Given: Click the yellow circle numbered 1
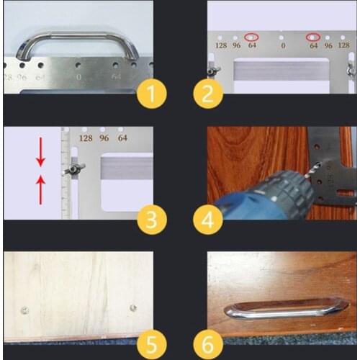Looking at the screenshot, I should point(151,93).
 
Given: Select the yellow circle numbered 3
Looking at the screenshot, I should point(150,220).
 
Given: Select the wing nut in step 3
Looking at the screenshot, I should point(75,169).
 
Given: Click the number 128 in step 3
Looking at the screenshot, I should point(86,138).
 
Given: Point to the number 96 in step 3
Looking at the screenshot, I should point(105,138).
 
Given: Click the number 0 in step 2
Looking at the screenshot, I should point(283,45).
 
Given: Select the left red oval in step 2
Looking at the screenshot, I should point(251,37).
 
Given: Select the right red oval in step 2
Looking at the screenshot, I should point(313,37).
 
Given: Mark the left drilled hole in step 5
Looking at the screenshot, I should point(24,310).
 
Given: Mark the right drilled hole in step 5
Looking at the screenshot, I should point(132,307).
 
